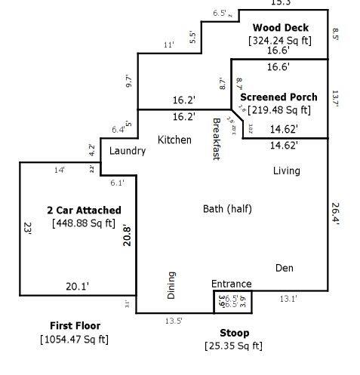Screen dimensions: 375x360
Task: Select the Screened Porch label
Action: click(x=278, y=97)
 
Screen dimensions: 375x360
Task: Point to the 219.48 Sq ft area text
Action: click(x=278, y=110)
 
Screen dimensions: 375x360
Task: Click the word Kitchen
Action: click(x=174, y=140)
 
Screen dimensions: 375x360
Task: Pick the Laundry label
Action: click(x=127, y=151)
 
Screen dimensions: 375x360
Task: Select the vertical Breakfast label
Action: click(x=216, y=139)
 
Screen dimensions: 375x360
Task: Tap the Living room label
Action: click(x=286, y=171)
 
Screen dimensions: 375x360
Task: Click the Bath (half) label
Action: click(x=227, y=209)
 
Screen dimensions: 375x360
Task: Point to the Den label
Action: click(x=284, y=268)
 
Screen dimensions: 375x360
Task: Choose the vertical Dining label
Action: click(x=171, y=286)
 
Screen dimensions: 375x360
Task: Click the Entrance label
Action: click(x=231, y=284)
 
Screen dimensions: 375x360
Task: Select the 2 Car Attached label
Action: click(x=83, y=210)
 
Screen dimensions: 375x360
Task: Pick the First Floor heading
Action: click(x=75, y=326)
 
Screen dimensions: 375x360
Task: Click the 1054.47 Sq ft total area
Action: click(x=74, y=339)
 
